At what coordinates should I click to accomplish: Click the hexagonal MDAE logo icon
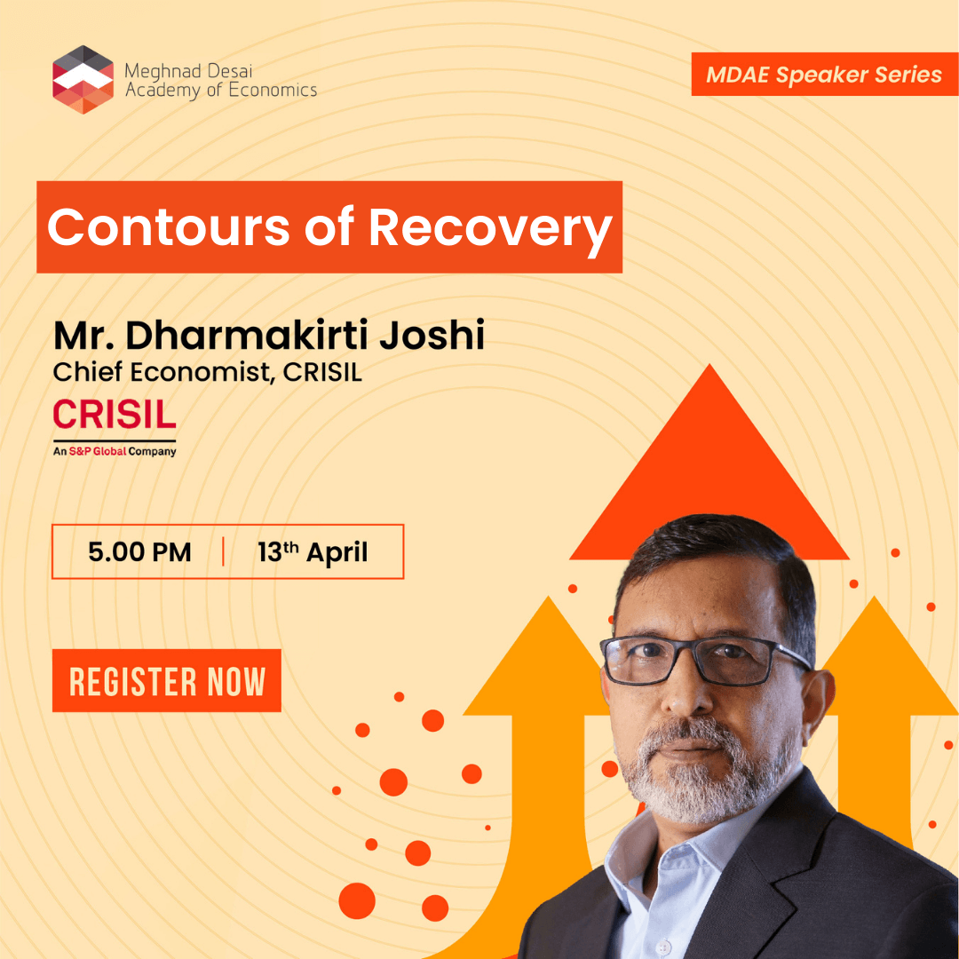pyautogui.click(x=83, y=80)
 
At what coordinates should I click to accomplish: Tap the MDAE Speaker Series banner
pyautogui.click(x=824, y=74)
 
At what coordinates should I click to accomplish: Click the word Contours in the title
pyautogui.click(x=168, y=227)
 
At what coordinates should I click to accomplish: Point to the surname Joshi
pyautogui.click(x=432, y=335)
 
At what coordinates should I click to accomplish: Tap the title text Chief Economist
pyautogui.click(x=162, y=372)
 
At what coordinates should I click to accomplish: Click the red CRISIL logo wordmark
pyautogui.click(x=115, y=414)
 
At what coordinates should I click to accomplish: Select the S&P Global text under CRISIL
pyautogui.click(x=98, y=451)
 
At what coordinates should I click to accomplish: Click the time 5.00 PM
pyautogui.click(x=139, y=551)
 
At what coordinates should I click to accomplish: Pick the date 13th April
pyautogui.click(x=313, y=551)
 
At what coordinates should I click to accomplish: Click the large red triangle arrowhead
pyautogui.click(x=709, y=464)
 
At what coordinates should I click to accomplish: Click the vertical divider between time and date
pyautogui.click(x=223, y=551)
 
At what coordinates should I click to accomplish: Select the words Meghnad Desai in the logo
pyautogui.click(x=188, y=71)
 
